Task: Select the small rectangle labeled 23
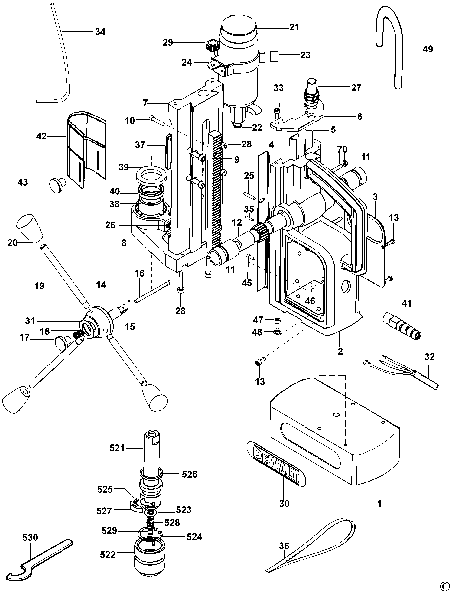[x=274, y=56]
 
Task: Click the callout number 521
[x=117, y=448]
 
